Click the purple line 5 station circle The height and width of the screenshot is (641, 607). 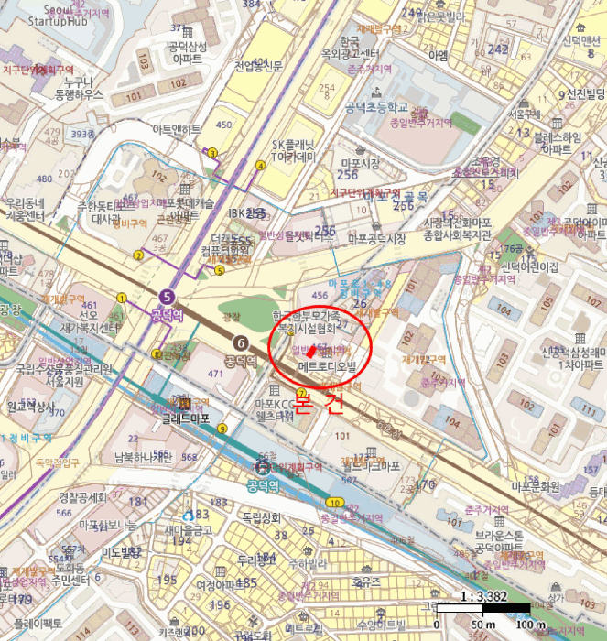[x=166, y=296]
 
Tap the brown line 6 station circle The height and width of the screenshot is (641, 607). [x=241, y=342]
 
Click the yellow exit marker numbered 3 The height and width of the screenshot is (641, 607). [x=212, y=153]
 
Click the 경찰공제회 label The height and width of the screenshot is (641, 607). [x=83, y=497]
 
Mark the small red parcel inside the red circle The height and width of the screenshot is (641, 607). [x=310, y=351]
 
